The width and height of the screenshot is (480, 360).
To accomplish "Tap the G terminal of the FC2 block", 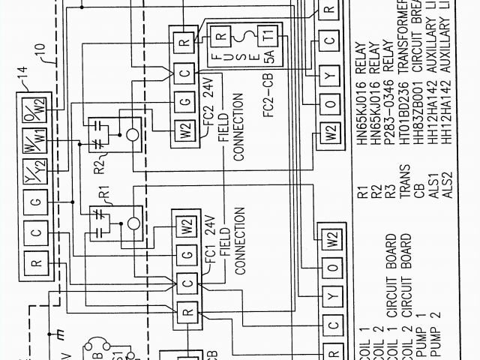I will pyautogui.click(x=185, y=102).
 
